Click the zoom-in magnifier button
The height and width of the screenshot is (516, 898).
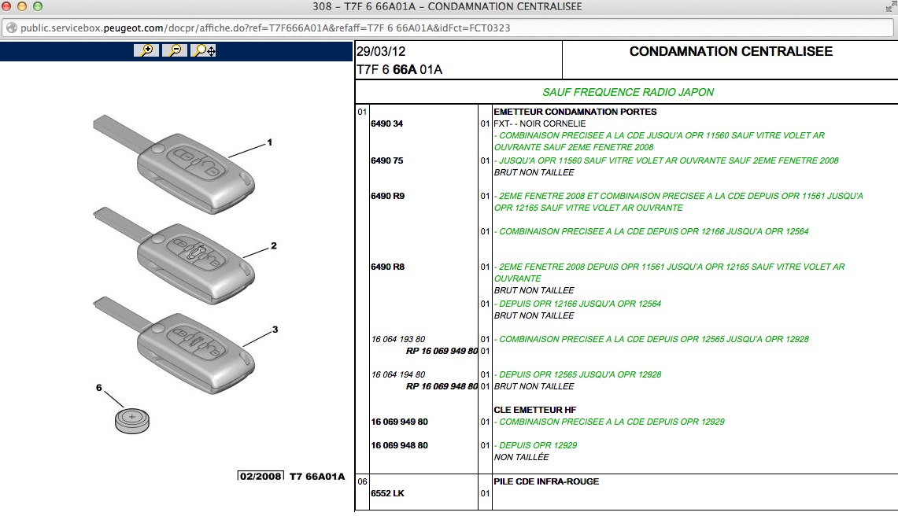(x=146, y=50)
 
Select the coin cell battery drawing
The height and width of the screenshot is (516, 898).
(x=132, y=421)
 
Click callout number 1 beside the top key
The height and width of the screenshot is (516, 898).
(x=269, y=142)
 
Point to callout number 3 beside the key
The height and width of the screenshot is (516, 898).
(x=275, y=330)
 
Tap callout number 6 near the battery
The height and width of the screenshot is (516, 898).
(x=99, y=388)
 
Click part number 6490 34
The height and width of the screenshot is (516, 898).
(x=386, y=123)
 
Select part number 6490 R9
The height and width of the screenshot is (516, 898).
(x=387, y=196)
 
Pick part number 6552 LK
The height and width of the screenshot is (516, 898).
(x=387, y=493)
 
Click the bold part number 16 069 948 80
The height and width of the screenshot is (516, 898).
(x=399, y=445)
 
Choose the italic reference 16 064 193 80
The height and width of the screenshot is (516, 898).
(x=398, y=339)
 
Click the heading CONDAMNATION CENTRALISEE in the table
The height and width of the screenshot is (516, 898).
(x=731, y=52)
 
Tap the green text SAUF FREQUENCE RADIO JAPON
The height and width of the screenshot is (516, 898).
(x=628, y=92)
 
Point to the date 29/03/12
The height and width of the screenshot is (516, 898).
(x=381, y=52)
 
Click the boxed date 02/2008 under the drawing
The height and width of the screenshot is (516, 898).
(x=261, y=476)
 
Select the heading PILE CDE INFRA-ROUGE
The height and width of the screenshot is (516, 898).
(x=546, y=481)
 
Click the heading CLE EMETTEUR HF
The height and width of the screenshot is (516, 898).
(x=535, y=410)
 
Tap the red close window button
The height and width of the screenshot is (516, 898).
(x=6, y=6)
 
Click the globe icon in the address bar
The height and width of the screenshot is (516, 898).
(x=12, y=28)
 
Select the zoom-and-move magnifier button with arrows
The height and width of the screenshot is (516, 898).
(x=203, y=50)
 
